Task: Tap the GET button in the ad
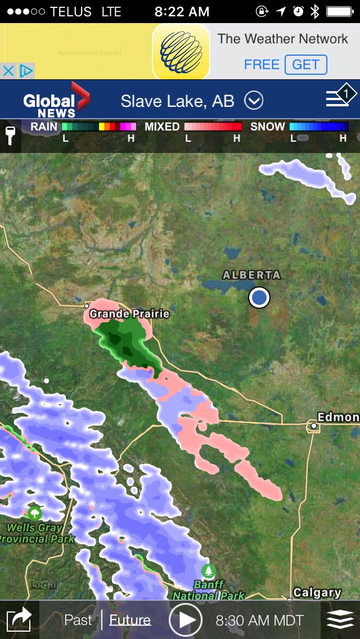pyautogui.click(x=305, y=65)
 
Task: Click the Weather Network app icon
pyautogui.click(x=181, y=51)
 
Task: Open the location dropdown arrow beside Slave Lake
pyautogui.click(x=254, y=101)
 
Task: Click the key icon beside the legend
pyautogui.click(x=10, y=136)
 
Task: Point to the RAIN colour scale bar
pyautogui.click(x=98, y=127)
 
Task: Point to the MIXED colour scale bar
pyautogui.click(x=213, y=127)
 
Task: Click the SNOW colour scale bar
pyautogui.click(x=318, y=127)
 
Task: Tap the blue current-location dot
pyautogui.click(x=259, y=297)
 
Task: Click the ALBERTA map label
pyautogui.click(x=251, y=275)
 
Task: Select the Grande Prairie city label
pyautogui.click(x=129, y=314)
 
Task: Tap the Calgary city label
pyautogui.click(x=317, y=592)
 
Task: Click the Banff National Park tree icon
pyautogui.click(x=209, y=570)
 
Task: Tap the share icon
pyautogui.click(x=19, y=620)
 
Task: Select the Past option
pyautogui.click(x=78, y=620)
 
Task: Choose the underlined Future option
pyautogui.click(x=130, y=620)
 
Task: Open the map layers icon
pyautogui.click(x=340, y=620)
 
